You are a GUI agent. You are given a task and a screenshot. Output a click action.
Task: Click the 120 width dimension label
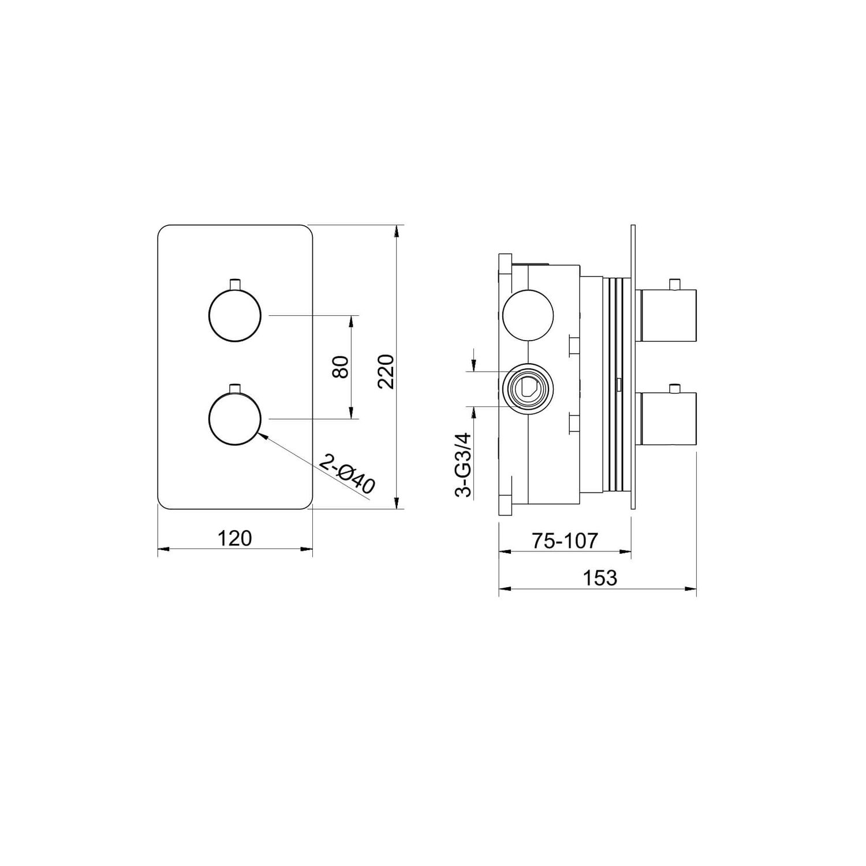click(x=235, y=538)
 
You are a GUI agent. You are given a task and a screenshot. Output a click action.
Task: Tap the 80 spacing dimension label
click(x=341, y=367)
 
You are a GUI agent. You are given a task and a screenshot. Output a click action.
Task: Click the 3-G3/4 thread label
click(x=463, y=465)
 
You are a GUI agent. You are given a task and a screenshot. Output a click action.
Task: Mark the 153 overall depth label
click(x=600, y=577)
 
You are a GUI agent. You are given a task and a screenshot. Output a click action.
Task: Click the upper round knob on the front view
click(x=234, y=316)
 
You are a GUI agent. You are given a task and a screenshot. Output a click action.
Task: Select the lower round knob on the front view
click(x=234, y=419)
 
